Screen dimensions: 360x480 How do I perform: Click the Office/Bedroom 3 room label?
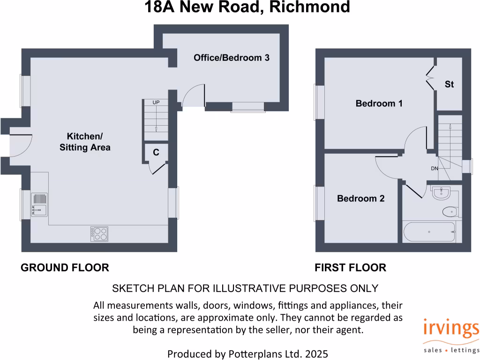[x=232, y=58]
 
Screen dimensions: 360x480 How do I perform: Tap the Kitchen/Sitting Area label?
[x=85, y=142]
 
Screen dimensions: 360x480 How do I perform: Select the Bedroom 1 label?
[x=379, y=104]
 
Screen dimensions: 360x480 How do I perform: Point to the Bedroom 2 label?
[x=360, y=199]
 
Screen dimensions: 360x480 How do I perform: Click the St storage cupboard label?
[x=449, y=84]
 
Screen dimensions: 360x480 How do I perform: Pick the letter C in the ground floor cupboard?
[x=156, y=152]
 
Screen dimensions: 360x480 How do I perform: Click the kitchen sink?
[x=39, y=205]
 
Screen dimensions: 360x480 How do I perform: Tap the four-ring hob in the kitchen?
[x=100, y=233]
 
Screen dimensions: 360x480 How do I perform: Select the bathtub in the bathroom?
[x=429, y=232]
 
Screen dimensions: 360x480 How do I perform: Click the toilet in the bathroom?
[x=450, y=212]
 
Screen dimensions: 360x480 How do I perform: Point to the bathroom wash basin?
[x=441, y=193]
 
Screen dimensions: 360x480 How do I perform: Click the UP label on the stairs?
[x=155, y=102]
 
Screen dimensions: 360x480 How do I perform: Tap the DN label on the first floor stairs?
[x=435, y=168]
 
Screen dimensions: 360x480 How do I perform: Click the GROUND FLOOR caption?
[x=65, y=268]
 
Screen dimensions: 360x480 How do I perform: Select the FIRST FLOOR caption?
[x=350, y=268]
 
